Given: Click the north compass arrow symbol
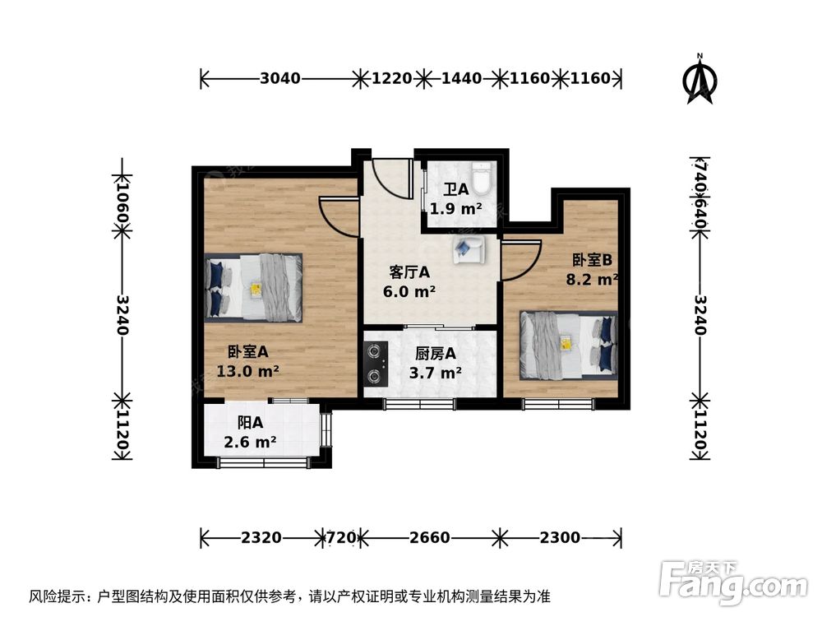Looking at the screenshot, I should (700, 81).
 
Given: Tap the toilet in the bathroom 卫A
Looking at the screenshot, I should (484, 176).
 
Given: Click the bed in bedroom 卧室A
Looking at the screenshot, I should (254, 287).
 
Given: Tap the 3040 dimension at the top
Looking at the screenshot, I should (279, 79).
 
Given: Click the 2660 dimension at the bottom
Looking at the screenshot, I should (429, 539).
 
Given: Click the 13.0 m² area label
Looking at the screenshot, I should (247, 371).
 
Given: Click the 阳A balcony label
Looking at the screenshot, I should (249, 423).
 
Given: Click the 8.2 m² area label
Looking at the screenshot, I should (591, 280).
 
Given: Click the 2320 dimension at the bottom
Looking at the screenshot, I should (262, 539).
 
